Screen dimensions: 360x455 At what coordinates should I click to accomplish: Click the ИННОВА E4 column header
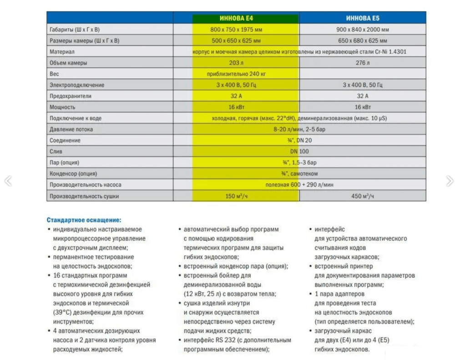click(x=236, y=19)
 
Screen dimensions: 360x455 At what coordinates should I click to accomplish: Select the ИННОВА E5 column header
click(x=362, y=19)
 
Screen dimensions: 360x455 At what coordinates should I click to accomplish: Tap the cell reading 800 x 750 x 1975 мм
click(x=236, y=30)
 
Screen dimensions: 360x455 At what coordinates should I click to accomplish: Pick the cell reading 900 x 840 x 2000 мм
click(x=363, y=30)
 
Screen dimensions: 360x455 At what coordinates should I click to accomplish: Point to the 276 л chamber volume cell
click(x=363, y=63)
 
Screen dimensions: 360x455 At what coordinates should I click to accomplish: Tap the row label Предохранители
click(x=71, y=96)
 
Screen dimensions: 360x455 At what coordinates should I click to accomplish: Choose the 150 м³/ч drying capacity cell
click(x=237, y=196)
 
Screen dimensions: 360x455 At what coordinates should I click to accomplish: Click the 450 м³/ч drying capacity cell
click(x=363, y=196)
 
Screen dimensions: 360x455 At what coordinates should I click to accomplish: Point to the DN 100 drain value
click(x=299, y=151)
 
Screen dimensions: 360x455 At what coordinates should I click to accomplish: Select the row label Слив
click(x=56, y=151)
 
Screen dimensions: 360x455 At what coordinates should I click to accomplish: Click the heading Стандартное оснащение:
click(x=84, y=220)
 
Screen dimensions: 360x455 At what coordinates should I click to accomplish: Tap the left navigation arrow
click(x=7, y=181)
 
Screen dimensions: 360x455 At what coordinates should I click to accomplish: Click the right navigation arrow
click(x=450, y=181)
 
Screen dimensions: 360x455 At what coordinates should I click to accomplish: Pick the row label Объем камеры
click(x=68, y=63)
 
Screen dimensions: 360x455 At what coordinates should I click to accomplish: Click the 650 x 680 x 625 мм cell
click(x=363, y=40)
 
